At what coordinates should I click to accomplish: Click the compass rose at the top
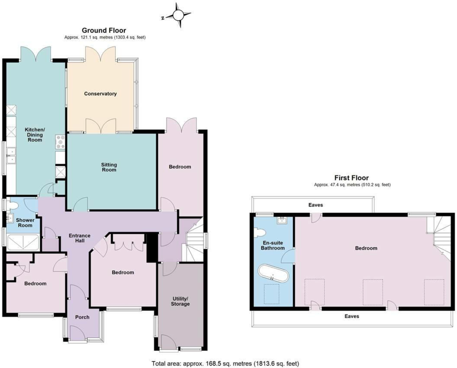(x=179, y=15)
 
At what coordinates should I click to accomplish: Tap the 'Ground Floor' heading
(x=104, y=30)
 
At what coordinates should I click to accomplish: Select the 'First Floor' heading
(x=351, y=178)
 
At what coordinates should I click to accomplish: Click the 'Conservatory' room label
(x=100, y=94)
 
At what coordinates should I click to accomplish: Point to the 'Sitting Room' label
(x=109, y=167)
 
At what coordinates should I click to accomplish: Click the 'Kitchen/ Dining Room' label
(x=35, y=135)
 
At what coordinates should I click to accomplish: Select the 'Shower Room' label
(x=25, y=223)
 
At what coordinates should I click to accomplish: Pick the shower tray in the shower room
(x=23, y=242)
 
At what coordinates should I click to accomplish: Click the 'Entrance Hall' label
(x=79, y=238)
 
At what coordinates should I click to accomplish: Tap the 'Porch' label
(x=82, y=317)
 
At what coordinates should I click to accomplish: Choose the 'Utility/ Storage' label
(x=180, y=301)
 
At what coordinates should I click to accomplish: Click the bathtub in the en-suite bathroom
(x=273, y=274)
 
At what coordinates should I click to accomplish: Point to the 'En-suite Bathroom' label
(x=273, y=245)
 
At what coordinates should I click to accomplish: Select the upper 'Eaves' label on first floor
(x=316, y=205)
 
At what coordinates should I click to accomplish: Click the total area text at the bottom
(x=225, y=363)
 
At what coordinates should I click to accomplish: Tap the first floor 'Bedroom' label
(x=366, y=248)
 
